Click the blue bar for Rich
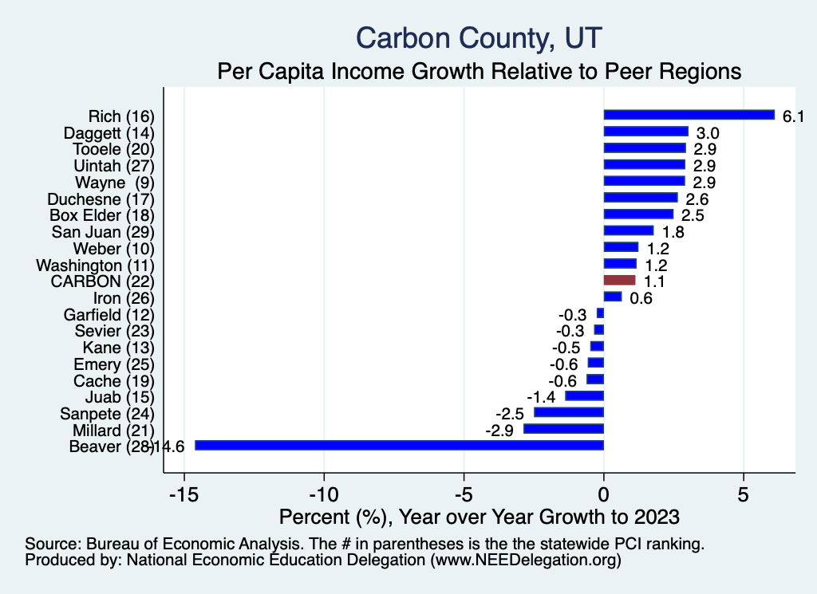point(689,115)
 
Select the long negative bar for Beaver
point(399,446)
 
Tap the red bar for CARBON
point(619,281)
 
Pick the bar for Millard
point(563,429)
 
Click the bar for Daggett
point(645,132)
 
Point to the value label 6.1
point(792,116)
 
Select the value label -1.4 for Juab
point(540,397)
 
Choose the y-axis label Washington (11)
point(95,265)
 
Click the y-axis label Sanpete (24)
point(107,413)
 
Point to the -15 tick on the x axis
point(184,494)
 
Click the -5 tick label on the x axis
point(464,494)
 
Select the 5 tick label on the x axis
point(744,494)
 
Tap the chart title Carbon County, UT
point(479,37)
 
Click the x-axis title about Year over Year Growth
point(480,517)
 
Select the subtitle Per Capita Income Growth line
point(480,71)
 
